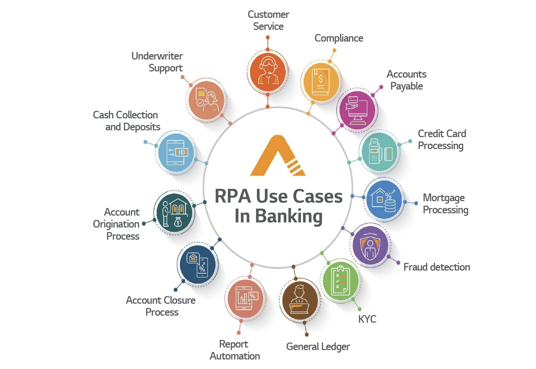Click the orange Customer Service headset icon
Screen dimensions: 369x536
tap(268, 72)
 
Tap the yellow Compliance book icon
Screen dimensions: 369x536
tap(320, 82)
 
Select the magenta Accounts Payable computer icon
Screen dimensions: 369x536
tap(357, 110)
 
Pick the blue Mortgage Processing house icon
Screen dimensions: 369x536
tap(384, 199)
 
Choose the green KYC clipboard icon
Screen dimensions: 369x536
tap(340, 280)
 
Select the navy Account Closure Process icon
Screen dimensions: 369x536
tap(198, 265)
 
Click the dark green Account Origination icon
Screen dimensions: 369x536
tap(174, 213)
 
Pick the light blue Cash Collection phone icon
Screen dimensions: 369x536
tap(176, 153)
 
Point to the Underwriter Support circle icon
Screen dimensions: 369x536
tap(206, 100)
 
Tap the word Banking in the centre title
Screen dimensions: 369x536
tap(289, 216)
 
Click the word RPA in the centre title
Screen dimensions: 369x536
tap(233, 196)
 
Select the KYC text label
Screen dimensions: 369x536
tap(367, 319)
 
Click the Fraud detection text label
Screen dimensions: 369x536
tap(437, 267)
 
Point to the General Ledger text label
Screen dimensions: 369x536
tap(318, 347)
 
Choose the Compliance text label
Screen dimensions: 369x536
tap(339, 38)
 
